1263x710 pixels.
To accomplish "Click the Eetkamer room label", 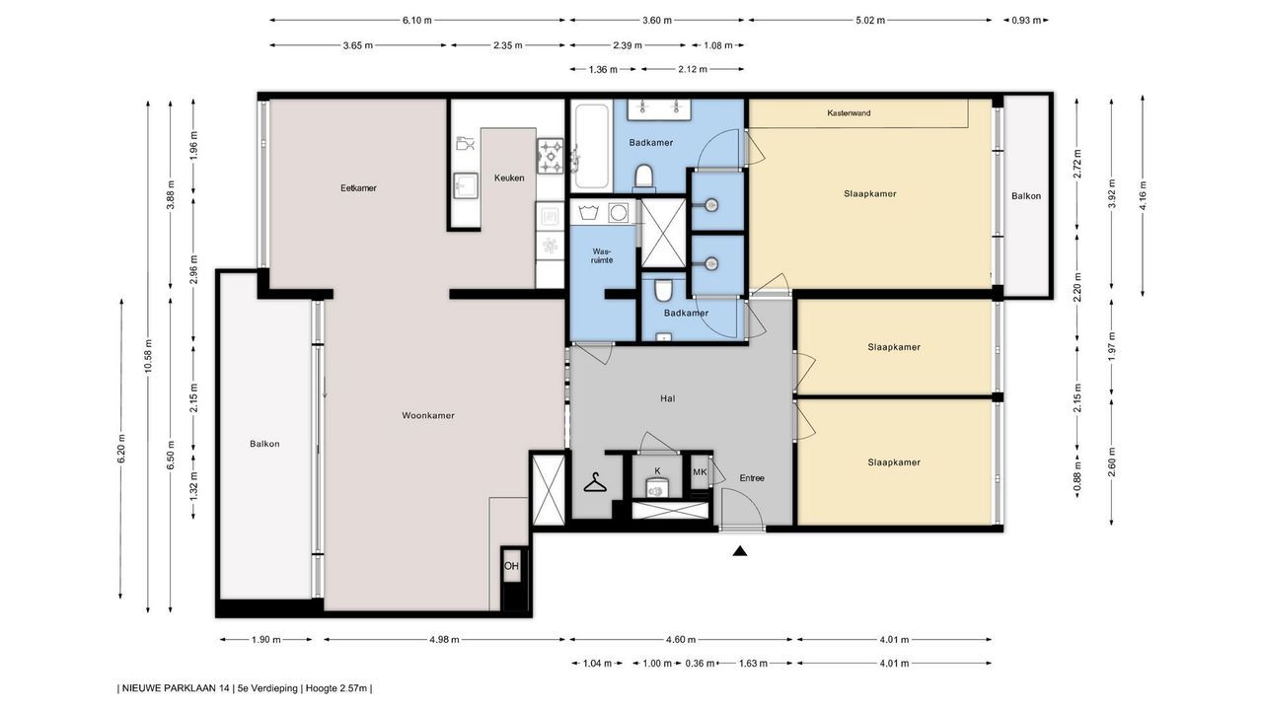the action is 358,188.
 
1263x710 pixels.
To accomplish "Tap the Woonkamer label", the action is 428,415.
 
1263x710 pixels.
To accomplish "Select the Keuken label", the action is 509,178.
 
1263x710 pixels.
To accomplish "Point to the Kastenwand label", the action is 849,113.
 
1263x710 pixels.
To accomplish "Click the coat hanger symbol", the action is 595,482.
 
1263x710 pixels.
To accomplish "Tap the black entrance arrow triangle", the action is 740,551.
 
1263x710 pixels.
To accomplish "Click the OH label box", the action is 511,566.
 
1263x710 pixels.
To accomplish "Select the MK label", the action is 700,472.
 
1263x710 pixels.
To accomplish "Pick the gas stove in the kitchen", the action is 551,156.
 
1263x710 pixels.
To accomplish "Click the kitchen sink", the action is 466,184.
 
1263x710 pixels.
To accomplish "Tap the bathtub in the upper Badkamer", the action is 591,147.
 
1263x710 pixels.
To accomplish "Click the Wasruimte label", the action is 602,255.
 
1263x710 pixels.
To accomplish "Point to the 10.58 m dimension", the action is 148,357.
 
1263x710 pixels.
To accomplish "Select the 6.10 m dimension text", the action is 417,21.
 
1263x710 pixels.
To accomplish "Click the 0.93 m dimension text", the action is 1025,21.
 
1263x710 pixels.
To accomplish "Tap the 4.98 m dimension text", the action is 444,640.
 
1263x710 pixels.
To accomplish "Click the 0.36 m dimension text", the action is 700,664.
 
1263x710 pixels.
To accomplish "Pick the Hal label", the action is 668,399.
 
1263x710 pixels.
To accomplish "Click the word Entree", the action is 752,478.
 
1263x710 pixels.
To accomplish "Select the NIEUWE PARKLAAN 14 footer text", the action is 176,688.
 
